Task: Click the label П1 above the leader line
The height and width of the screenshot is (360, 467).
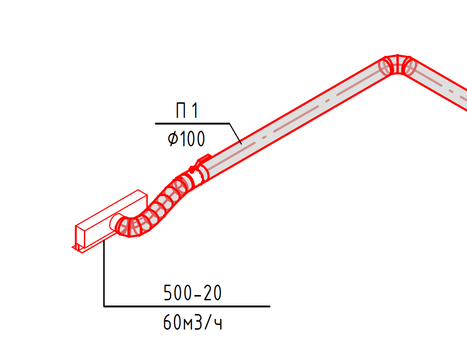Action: click(187, 110)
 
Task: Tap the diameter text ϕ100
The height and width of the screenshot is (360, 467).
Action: click(187, 138)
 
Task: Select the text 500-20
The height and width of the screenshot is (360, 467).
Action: click(192, 293)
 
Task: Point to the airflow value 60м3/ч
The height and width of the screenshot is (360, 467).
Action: click(192, 322)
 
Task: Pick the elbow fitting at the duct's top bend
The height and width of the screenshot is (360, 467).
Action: click(397, 65)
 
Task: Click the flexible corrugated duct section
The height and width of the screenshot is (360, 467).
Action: click(155, 206)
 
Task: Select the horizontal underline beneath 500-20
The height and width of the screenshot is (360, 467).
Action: click(187, 306)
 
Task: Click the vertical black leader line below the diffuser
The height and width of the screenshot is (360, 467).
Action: click(104, 273)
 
